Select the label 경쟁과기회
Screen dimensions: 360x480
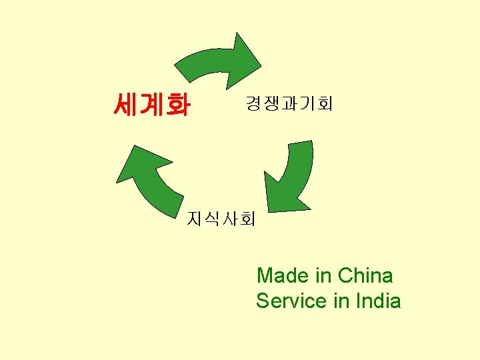[x=289, y=104]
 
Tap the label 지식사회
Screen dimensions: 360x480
[x=221, y=219]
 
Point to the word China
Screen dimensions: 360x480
[x=365, y=275]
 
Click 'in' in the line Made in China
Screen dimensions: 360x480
[x=323, y=275]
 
